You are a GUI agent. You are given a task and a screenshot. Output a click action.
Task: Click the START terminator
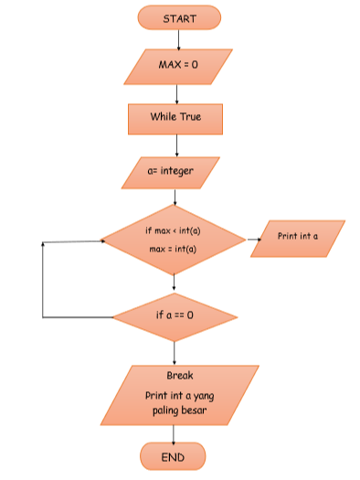(x=179, y=17)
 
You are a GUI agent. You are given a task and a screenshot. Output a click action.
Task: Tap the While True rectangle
(x=175, y=117)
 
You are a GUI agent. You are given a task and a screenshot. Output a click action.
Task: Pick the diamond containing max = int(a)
(x=174, y=240)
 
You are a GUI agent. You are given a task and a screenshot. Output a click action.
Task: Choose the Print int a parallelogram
(x=299, y=238)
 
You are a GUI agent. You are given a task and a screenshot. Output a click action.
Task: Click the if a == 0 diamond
(x=175, y=316)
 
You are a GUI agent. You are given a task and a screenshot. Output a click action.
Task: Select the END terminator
(x=173, y=456)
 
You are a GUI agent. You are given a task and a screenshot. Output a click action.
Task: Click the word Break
(x=180, y=376)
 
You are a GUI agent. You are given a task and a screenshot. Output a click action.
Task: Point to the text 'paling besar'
(x=180, y=411)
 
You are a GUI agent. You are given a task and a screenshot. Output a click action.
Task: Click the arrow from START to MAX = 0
(x=179, y=38)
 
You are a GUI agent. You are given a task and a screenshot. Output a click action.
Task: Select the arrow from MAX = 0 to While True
(x=176, y=92)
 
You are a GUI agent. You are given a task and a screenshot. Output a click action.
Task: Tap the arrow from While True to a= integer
(x=175, y=145)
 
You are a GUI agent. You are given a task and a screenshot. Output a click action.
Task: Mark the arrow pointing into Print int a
(x=253, y=240)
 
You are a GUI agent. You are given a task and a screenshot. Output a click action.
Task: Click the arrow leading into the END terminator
(x=174, y=434)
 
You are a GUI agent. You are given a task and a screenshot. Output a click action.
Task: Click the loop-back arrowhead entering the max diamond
(x=97, y=241)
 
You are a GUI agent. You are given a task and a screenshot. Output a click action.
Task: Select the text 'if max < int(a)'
(x=173, y=230)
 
